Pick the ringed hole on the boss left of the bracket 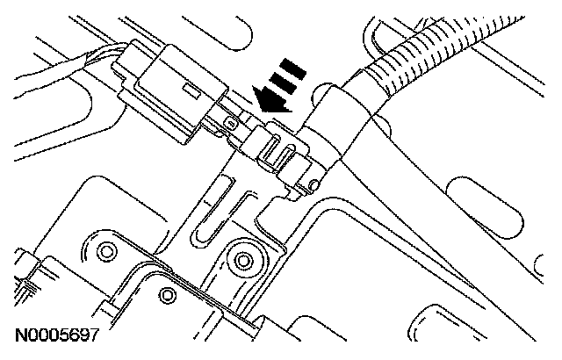click(x=107, y=253)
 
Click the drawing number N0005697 click(x=54, y=336)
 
